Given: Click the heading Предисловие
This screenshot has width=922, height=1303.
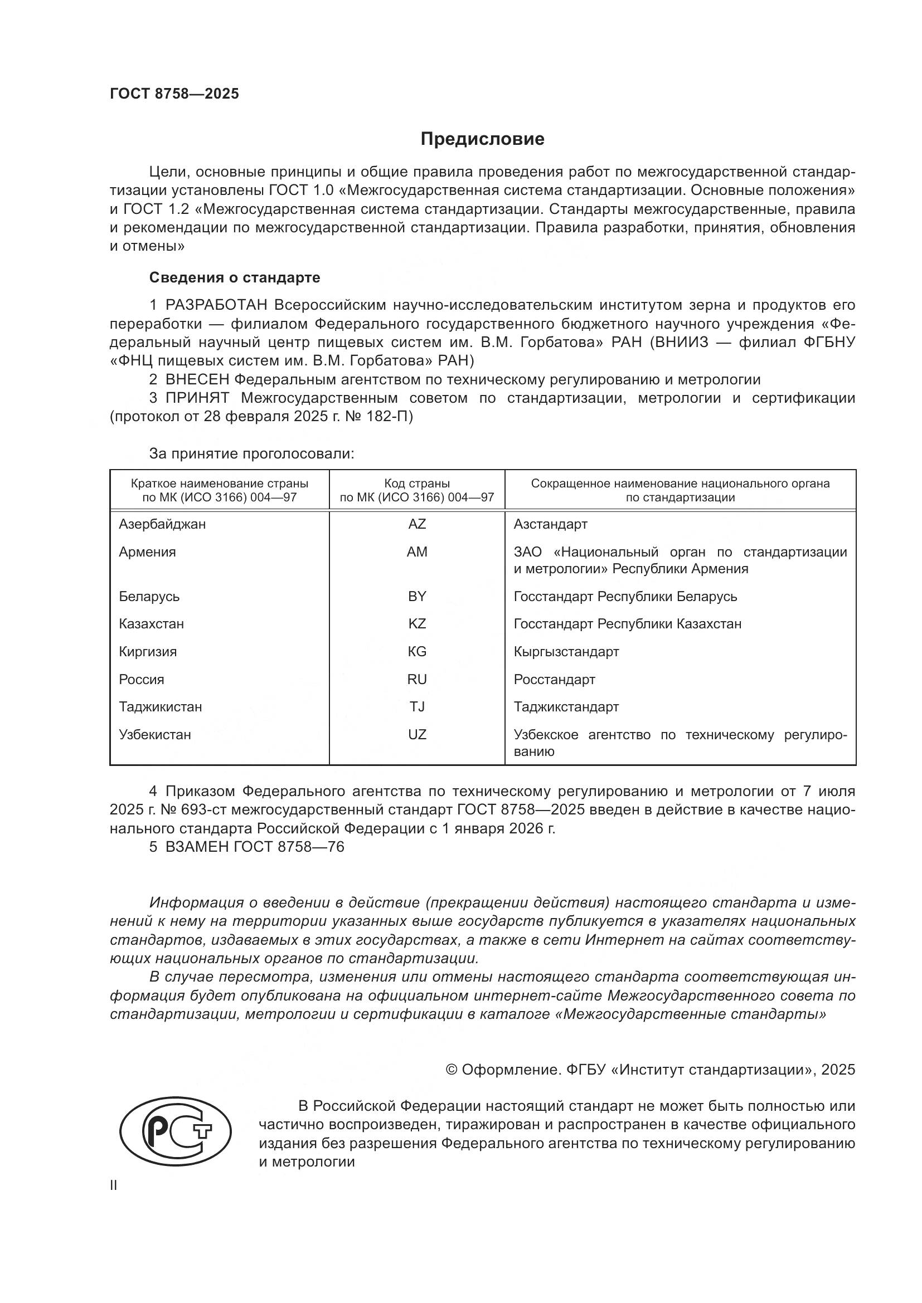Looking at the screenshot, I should (482, 139).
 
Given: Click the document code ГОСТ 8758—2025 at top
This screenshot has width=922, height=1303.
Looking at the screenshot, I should (174, 94).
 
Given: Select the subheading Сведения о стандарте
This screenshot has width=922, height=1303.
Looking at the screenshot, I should (235, 277).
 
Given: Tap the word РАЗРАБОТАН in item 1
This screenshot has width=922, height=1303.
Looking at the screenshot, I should (216, 305).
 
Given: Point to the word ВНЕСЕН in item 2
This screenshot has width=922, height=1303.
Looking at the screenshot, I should (197, 380).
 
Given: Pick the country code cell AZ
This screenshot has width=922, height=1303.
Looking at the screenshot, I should (417, 524).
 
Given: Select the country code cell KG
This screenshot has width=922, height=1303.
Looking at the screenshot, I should (417, 652).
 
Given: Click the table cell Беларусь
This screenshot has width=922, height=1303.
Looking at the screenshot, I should (149, 597).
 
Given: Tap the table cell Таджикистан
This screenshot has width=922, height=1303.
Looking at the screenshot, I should (160, 707).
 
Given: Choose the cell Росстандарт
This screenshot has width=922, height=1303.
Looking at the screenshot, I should (554, 679).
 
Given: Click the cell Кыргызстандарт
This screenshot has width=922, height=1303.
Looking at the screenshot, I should (566, 652).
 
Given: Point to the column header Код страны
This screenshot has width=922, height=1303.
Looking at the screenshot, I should (417, 484).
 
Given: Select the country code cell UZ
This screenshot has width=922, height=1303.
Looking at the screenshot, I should (417, 735).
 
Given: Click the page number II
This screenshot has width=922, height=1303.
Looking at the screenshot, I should (114, 1185).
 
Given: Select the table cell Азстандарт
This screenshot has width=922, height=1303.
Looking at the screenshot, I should (550, 524).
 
